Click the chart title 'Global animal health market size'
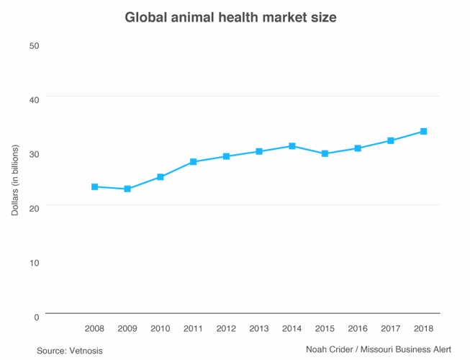[230, 17]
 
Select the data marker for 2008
[94, 186]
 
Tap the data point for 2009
[127, 189]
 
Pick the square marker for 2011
[193, 162]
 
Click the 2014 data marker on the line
[292, 146]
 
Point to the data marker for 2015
[325, 153]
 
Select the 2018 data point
[424, 131]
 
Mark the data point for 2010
[161, 176]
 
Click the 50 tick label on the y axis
[33, 45]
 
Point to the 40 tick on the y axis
[33, 99]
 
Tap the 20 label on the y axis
[33, 208]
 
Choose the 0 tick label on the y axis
[35, 317]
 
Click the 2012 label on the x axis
[226, 329]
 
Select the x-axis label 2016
[358, 329]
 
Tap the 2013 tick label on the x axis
[259, 329]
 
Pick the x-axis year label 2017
[391, 329]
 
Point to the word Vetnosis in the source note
[86, 351]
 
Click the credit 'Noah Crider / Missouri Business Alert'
[379, 350]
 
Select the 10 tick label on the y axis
[33, 263]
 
